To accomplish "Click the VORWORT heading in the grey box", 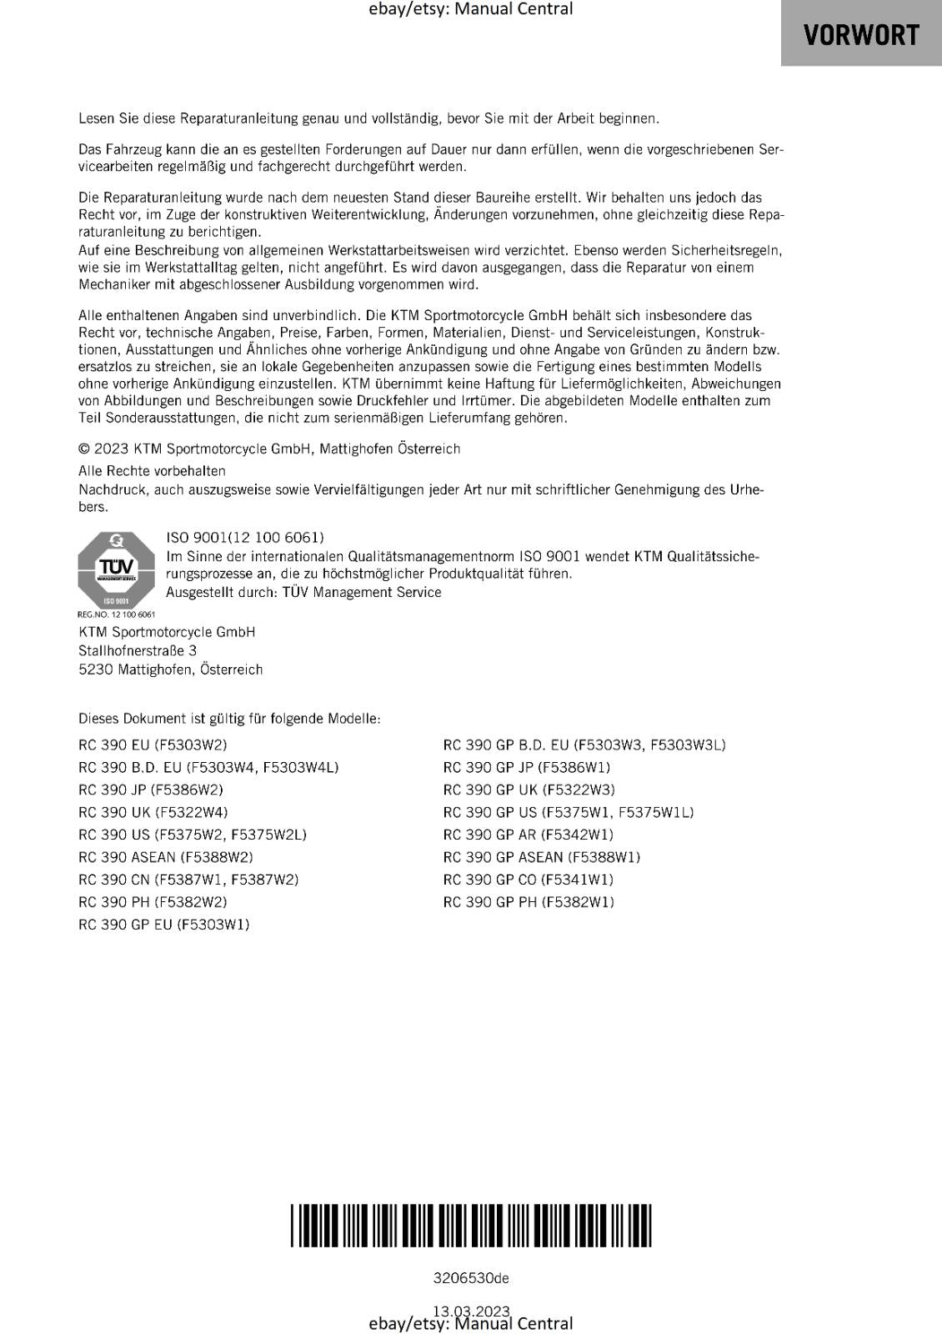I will [860, 35].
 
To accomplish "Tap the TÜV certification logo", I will [116, 569].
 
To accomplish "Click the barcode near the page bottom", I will [471, 1225].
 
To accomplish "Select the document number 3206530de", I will [471, 1278].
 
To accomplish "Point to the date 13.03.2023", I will [471, 1311].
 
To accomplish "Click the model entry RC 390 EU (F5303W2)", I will [153, 745].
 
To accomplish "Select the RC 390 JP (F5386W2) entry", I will [151, 790].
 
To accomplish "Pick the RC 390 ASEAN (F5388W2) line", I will [166, 857].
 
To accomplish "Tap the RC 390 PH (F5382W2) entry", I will [153, 902].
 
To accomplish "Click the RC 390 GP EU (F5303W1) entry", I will [164, 925].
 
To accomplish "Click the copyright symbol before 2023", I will [84, 449].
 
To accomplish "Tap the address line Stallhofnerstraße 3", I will [138, 650].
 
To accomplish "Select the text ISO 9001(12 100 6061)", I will [245, 538].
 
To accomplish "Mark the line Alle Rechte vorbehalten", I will [152, 471].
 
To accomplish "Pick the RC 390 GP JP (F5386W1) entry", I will [527, 767].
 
